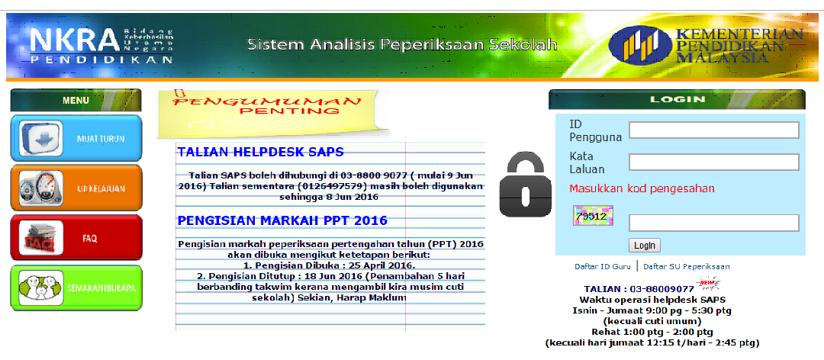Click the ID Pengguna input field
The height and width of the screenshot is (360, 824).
point(713,130)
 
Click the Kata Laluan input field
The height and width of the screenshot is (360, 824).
point(713,162)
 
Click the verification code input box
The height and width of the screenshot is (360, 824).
point(713,223)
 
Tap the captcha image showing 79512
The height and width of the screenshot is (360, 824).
point(591,217)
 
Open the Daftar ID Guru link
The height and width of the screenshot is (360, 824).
point(603,267)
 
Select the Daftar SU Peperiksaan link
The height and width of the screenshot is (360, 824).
point(686,267)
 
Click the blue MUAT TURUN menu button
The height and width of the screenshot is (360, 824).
point(76,139)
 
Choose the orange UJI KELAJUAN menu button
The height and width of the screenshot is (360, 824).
point(76,188)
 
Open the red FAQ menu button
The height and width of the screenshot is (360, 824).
point(76,238)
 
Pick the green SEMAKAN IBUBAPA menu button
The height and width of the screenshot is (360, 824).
point(76,288)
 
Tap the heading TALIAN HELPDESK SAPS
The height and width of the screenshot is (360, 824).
point(260,152)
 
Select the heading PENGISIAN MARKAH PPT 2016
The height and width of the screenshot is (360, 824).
point(282,221)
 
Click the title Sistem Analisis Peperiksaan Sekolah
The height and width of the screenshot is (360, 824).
point(402,45)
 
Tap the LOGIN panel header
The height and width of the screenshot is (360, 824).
point(677,100)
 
